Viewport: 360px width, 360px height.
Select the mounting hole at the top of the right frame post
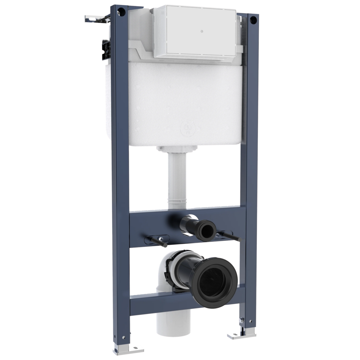(x=254, y=19)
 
